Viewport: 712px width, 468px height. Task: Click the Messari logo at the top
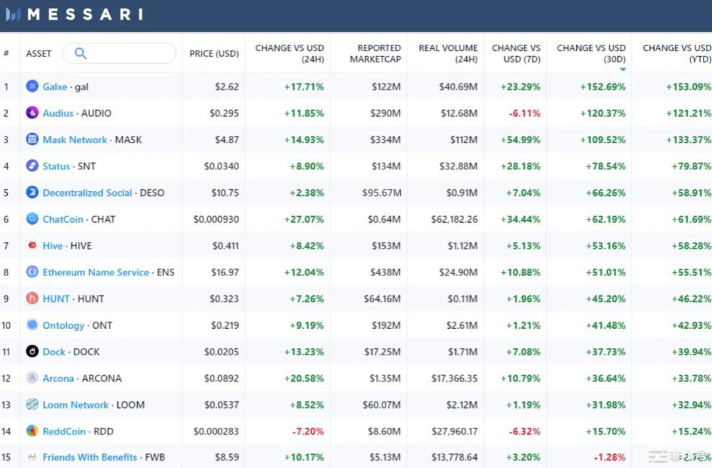click(74, 14)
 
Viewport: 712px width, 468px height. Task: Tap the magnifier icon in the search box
click(80, 53)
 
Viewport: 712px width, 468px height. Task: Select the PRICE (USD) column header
click(214, 53)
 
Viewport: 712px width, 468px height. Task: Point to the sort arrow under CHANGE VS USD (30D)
click(622, 69)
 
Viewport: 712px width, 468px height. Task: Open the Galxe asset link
click(55, 86)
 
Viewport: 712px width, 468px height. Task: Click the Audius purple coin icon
click(32, 113)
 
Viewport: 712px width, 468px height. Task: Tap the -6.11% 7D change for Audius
click(524, 113)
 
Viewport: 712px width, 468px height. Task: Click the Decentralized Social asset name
click(87, 192)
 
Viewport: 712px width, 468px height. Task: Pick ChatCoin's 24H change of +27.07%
click(304, 219)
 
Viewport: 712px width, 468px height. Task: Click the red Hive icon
click(32, 246)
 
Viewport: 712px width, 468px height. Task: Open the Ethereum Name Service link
click(96, 272)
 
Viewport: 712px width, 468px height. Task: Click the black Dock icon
click(32, 351)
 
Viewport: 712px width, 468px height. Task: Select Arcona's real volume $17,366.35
click(454, 378)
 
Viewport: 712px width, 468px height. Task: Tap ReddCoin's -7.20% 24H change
click(307, 431)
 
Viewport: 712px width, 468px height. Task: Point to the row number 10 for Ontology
click(7, 325)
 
